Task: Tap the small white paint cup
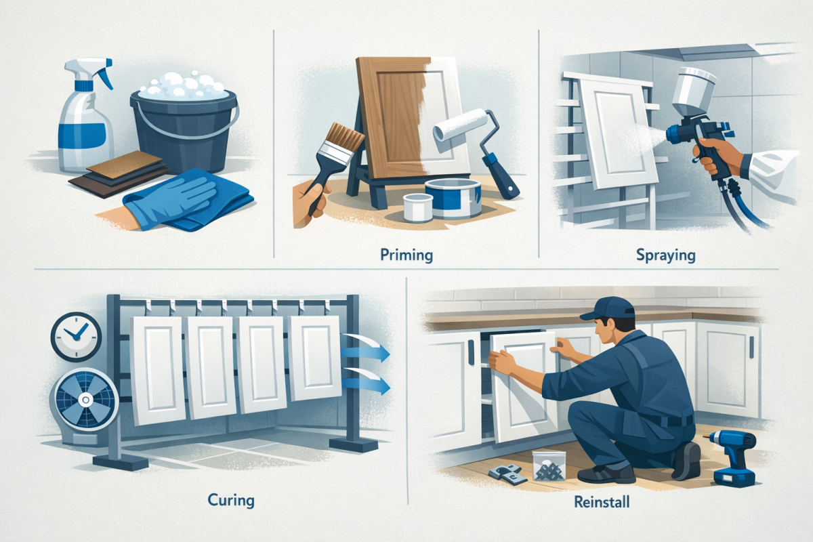pos(417,206)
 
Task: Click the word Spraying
pos(665,256)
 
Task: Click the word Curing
pos(232,501)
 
